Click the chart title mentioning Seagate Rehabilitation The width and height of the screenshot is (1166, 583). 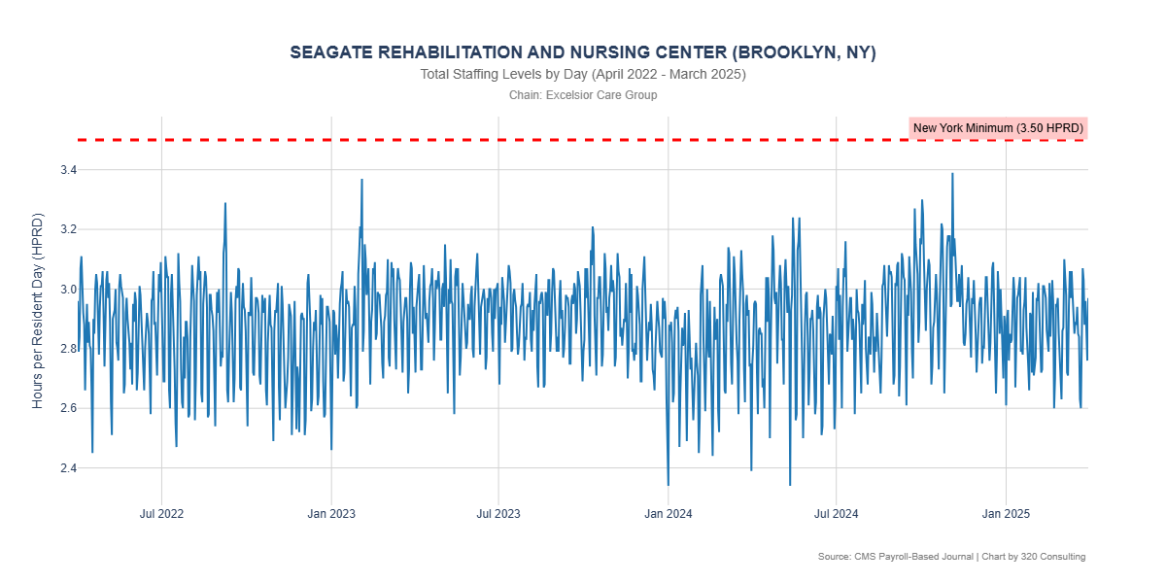point(583,52)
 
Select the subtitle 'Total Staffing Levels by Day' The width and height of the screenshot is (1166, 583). point(583,75)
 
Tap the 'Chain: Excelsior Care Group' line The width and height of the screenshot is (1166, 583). point(583,95)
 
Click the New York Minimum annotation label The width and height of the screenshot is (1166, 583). point(998,128)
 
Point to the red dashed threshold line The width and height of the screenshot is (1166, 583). point(486,140)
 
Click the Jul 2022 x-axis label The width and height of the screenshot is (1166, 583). point(161,512)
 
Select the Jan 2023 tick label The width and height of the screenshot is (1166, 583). point(331,512)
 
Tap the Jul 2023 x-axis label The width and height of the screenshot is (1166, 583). point(498,512)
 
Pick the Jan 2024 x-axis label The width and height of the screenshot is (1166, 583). point(669,512)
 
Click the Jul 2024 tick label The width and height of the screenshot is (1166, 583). point(836,512)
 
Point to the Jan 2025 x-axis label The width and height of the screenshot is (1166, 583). point(1006,512)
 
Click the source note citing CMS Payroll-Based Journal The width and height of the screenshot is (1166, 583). point(951,557)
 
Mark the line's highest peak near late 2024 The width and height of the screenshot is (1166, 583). point(952,174)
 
